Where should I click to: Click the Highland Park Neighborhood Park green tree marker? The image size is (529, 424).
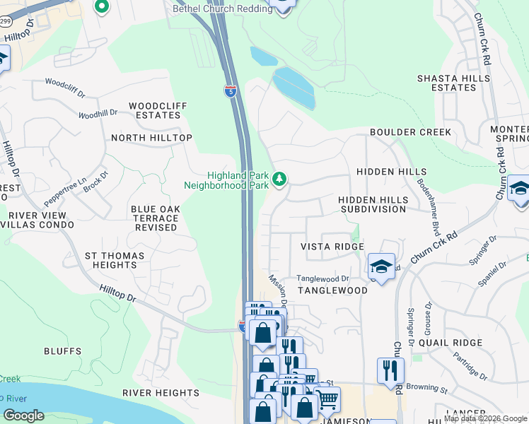pyautogui.click(x=279, y=179)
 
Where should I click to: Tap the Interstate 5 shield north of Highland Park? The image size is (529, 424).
pyautogui.click(x=231, y=90)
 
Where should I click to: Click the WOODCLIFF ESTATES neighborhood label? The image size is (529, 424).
pyautogui.click(x=158, y=110)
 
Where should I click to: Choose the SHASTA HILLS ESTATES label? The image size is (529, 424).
pyautogui.click(x=453, y=83)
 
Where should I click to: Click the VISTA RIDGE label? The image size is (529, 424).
pyautogui.click(x=332, y=247)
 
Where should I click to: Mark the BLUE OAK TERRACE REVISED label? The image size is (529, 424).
pyautogui.click(x=153, y=218)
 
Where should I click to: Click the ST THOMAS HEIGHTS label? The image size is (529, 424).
pyautogui.click(x=114, y=260)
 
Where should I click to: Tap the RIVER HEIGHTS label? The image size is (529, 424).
pyautogui.click(x=161, y=393)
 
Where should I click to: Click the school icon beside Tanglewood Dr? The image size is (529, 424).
pyautogui.click(x=381, y=266)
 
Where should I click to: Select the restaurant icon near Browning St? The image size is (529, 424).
pyautogui.click(x=390, y=370)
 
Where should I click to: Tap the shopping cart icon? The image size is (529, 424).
pyautogui.click(x=327, y=399)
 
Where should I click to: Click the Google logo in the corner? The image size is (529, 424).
pyautogui.click(x=23, y=416)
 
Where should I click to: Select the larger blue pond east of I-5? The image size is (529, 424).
pyautogui.click(x=295, y=88)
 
